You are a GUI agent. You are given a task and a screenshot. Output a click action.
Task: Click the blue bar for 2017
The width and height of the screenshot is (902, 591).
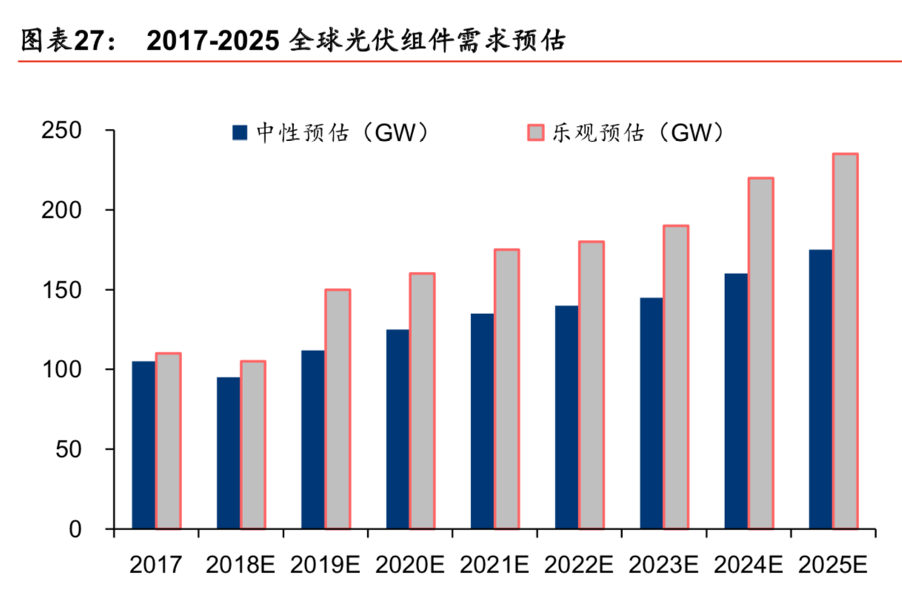coord(144,444)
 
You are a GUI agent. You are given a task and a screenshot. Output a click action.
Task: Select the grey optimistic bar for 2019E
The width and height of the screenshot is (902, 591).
coord(338,409)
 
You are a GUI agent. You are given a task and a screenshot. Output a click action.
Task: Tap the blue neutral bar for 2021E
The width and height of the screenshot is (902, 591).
coord(482,421)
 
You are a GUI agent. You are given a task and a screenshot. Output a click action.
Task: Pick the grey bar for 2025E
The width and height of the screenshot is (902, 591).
coord(845,341)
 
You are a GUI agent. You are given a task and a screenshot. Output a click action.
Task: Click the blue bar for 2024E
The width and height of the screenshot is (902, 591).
coord(736,401)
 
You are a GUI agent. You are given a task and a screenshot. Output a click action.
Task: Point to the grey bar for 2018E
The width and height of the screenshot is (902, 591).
coord(253,444)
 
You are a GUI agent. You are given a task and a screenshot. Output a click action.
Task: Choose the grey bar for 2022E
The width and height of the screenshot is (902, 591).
coord(591,384)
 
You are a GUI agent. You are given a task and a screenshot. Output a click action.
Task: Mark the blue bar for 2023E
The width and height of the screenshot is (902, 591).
coord(652,413)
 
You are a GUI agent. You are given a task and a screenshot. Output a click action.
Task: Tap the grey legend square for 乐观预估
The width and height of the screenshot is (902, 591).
coord(534,133)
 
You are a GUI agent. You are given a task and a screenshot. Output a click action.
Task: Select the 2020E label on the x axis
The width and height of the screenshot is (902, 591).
coord(409,566)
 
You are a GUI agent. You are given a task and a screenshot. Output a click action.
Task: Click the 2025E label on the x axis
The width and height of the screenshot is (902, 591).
coord(832,566)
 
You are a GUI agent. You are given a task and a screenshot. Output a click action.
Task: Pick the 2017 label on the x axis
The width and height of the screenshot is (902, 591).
coord(156,566)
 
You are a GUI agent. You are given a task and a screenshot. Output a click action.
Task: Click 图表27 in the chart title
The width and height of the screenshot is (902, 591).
coord(65,41)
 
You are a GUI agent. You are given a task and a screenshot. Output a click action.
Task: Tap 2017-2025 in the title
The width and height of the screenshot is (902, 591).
coord(213,41)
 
